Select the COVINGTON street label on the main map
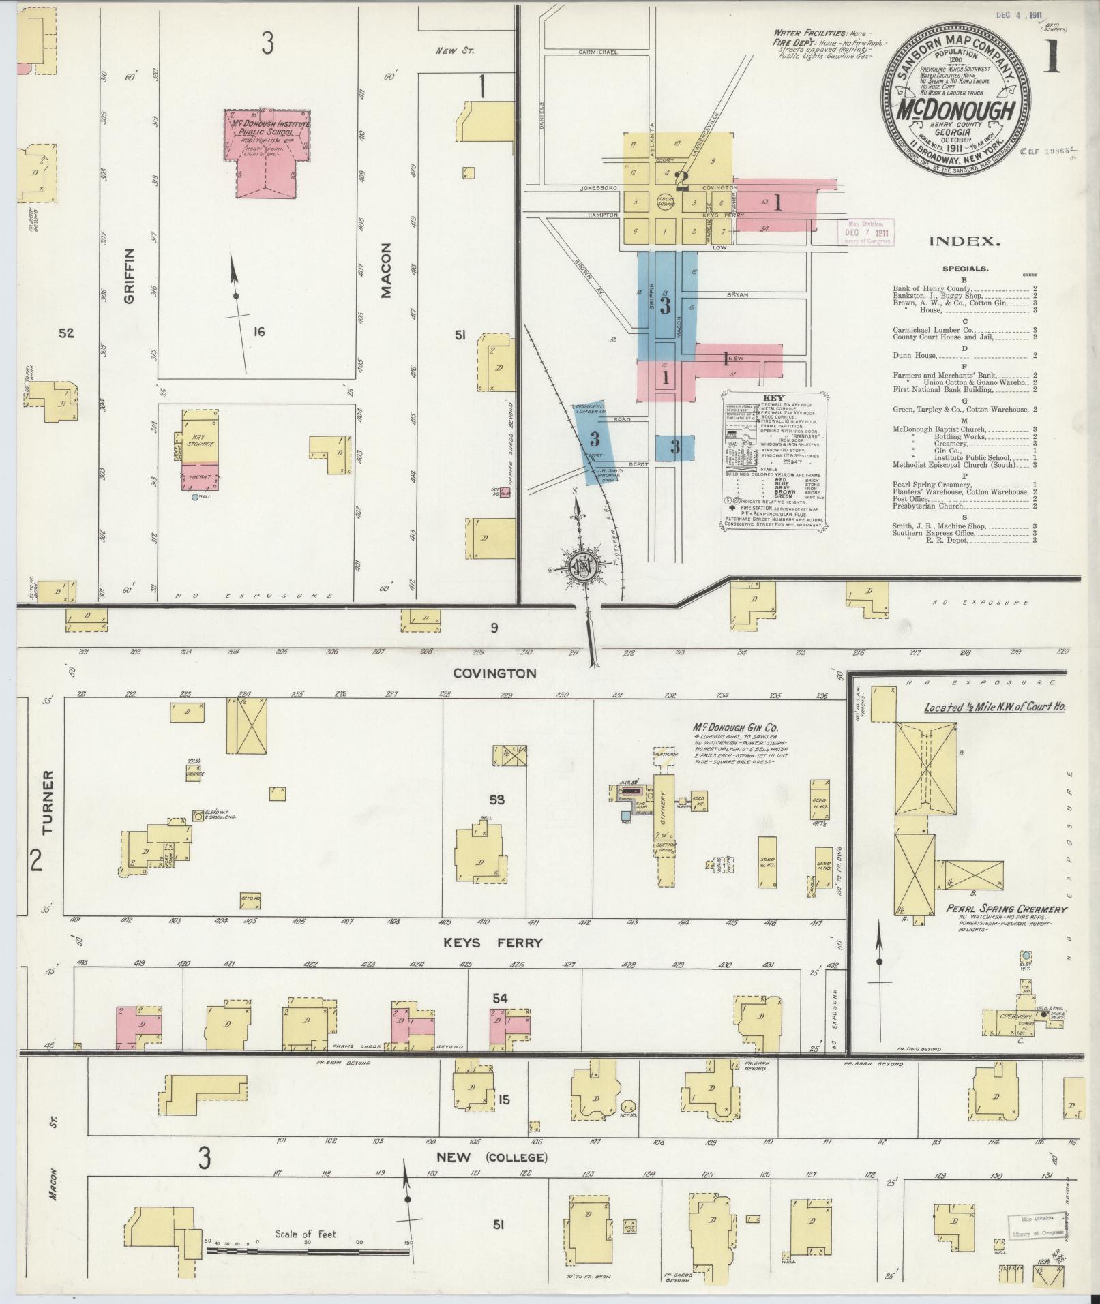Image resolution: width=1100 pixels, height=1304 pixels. (x=495, y=673)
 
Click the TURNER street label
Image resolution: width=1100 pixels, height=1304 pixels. (x=47, y=803)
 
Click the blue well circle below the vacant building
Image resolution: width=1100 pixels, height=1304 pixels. (x=195, y=498)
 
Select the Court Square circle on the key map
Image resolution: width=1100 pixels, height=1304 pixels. (x=666, y=201)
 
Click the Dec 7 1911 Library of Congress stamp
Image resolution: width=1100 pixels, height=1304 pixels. (x=863, y=232)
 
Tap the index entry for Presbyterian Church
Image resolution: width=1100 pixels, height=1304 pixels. (x=928, y=506)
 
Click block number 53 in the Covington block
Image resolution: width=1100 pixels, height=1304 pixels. (x=496, y=799)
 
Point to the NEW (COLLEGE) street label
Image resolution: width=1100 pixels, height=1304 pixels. (x=501, y=1157)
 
